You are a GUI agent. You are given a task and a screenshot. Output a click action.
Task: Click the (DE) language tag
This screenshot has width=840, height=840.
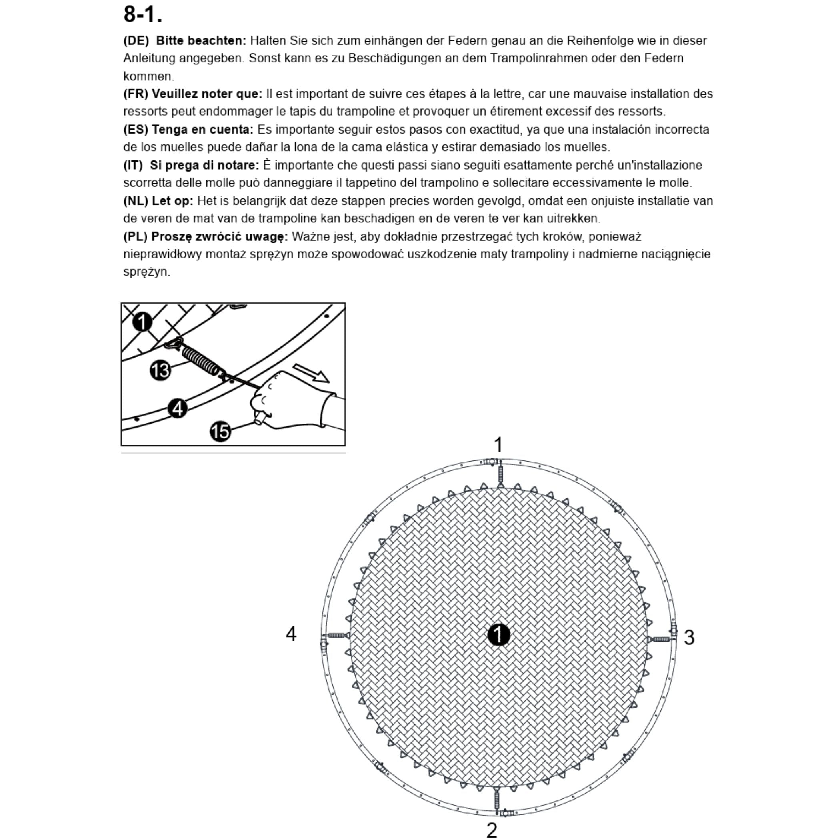point(136,41)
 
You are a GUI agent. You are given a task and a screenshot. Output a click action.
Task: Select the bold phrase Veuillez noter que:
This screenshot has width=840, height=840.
point(207,94)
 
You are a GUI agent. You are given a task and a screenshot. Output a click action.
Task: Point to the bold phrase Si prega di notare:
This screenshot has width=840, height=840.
point(204,165)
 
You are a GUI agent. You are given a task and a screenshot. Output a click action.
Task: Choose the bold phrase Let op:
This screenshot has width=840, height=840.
point(172,201)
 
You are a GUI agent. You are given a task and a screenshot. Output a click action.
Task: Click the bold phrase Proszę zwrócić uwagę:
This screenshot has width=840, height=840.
point(219,236)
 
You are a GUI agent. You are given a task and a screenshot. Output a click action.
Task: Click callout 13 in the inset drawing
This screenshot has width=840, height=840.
point(160,370)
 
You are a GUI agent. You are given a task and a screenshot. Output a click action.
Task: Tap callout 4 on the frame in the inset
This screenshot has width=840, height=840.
point(177,408)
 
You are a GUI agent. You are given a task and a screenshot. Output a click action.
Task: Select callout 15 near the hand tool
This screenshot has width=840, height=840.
point(220,431)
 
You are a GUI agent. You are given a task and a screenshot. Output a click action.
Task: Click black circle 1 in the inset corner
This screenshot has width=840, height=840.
point(142,322)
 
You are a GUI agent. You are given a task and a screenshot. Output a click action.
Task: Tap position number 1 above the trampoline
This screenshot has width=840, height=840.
point(498,445)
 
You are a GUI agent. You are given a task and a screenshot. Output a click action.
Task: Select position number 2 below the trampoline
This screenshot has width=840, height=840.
point(492,830)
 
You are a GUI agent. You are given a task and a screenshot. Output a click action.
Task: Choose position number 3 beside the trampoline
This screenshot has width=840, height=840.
point(689,637)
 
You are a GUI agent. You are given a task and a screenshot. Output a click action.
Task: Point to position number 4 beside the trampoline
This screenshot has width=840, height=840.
point(291,634)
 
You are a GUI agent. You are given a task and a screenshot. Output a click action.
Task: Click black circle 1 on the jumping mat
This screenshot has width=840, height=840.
point(498,635)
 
